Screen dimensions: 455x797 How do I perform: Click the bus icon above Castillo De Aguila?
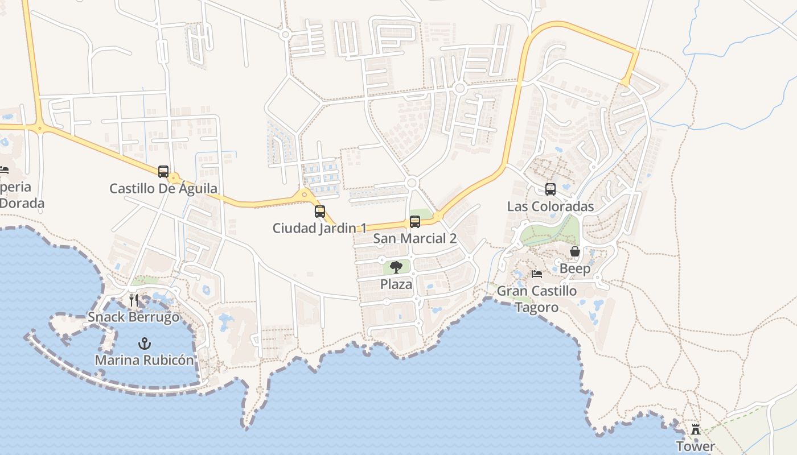point(163,171)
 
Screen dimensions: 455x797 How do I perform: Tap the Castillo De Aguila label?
point(163,188)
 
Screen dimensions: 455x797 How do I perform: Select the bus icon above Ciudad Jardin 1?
point(320,212)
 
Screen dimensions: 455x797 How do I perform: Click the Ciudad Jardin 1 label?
point(319,228)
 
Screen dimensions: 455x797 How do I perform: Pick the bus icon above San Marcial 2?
point(415,222)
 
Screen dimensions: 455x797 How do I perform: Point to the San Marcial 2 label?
point(415,238)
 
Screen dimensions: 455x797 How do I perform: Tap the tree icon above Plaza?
point(396,267)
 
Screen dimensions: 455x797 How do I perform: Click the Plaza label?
point(396,284)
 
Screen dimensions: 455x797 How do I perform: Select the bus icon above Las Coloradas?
point(550,189)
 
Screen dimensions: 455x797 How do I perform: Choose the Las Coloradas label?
point(550,206)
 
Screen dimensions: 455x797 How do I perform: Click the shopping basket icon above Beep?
point(575,251)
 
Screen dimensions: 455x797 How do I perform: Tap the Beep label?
point(575,268)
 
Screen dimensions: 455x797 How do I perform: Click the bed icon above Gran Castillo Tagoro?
point(537,274)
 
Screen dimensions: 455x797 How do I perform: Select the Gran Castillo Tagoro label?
point(537,299)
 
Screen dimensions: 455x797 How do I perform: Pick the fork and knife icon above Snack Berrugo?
point(134,300)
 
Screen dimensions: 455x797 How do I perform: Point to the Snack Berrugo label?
point(134,317)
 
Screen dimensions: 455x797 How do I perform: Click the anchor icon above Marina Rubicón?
point(145,343)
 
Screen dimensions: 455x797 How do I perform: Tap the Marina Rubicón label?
point(145,360)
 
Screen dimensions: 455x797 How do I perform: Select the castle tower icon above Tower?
point(695,429)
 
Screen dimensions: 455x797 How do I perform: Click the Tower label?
point(695,446)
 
